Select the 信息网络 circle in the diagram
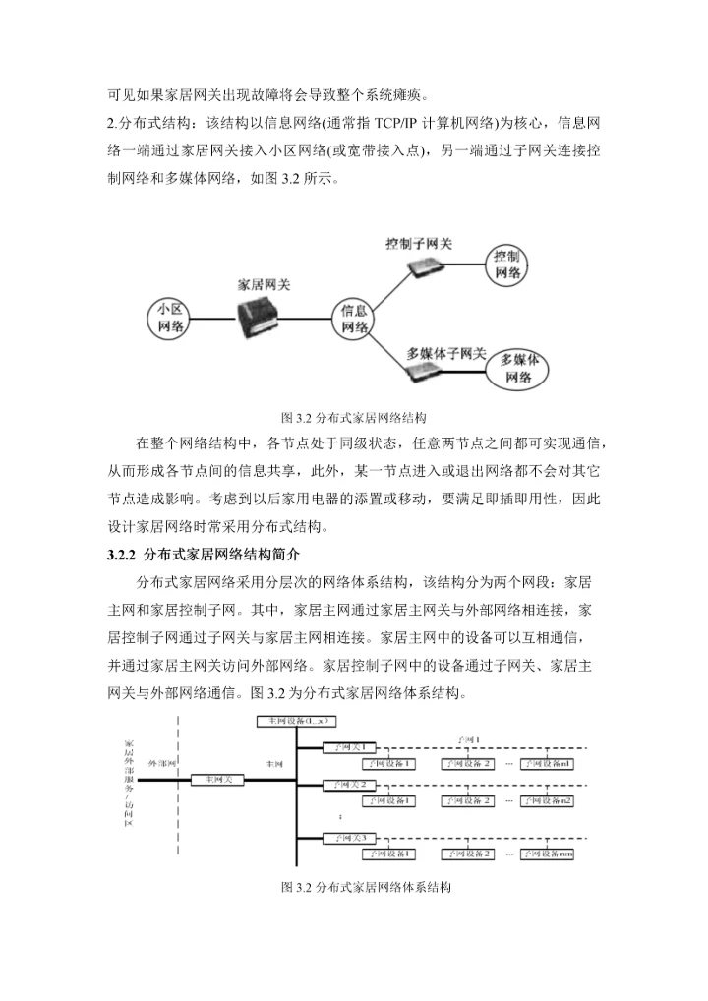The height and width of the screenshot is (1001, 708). (x=355, y=320)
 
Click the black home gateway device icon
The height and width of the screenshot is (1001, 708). (x=264, y=321)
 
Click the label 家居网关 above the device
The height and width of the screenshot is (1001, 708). (x=265, y=283)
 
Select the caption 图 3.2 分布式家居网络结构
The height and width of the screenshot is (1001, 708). (x=353, y=416)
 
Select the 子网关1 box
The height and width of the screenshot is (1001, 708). (x=350, y=748)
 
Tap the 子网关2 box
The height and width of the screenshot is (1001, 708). (x=350, y=785)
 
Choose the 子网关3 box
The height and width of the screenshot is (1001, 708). (x=350, y=838)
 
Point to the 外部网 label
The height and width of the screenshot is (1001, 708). (x=162, y=762)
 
